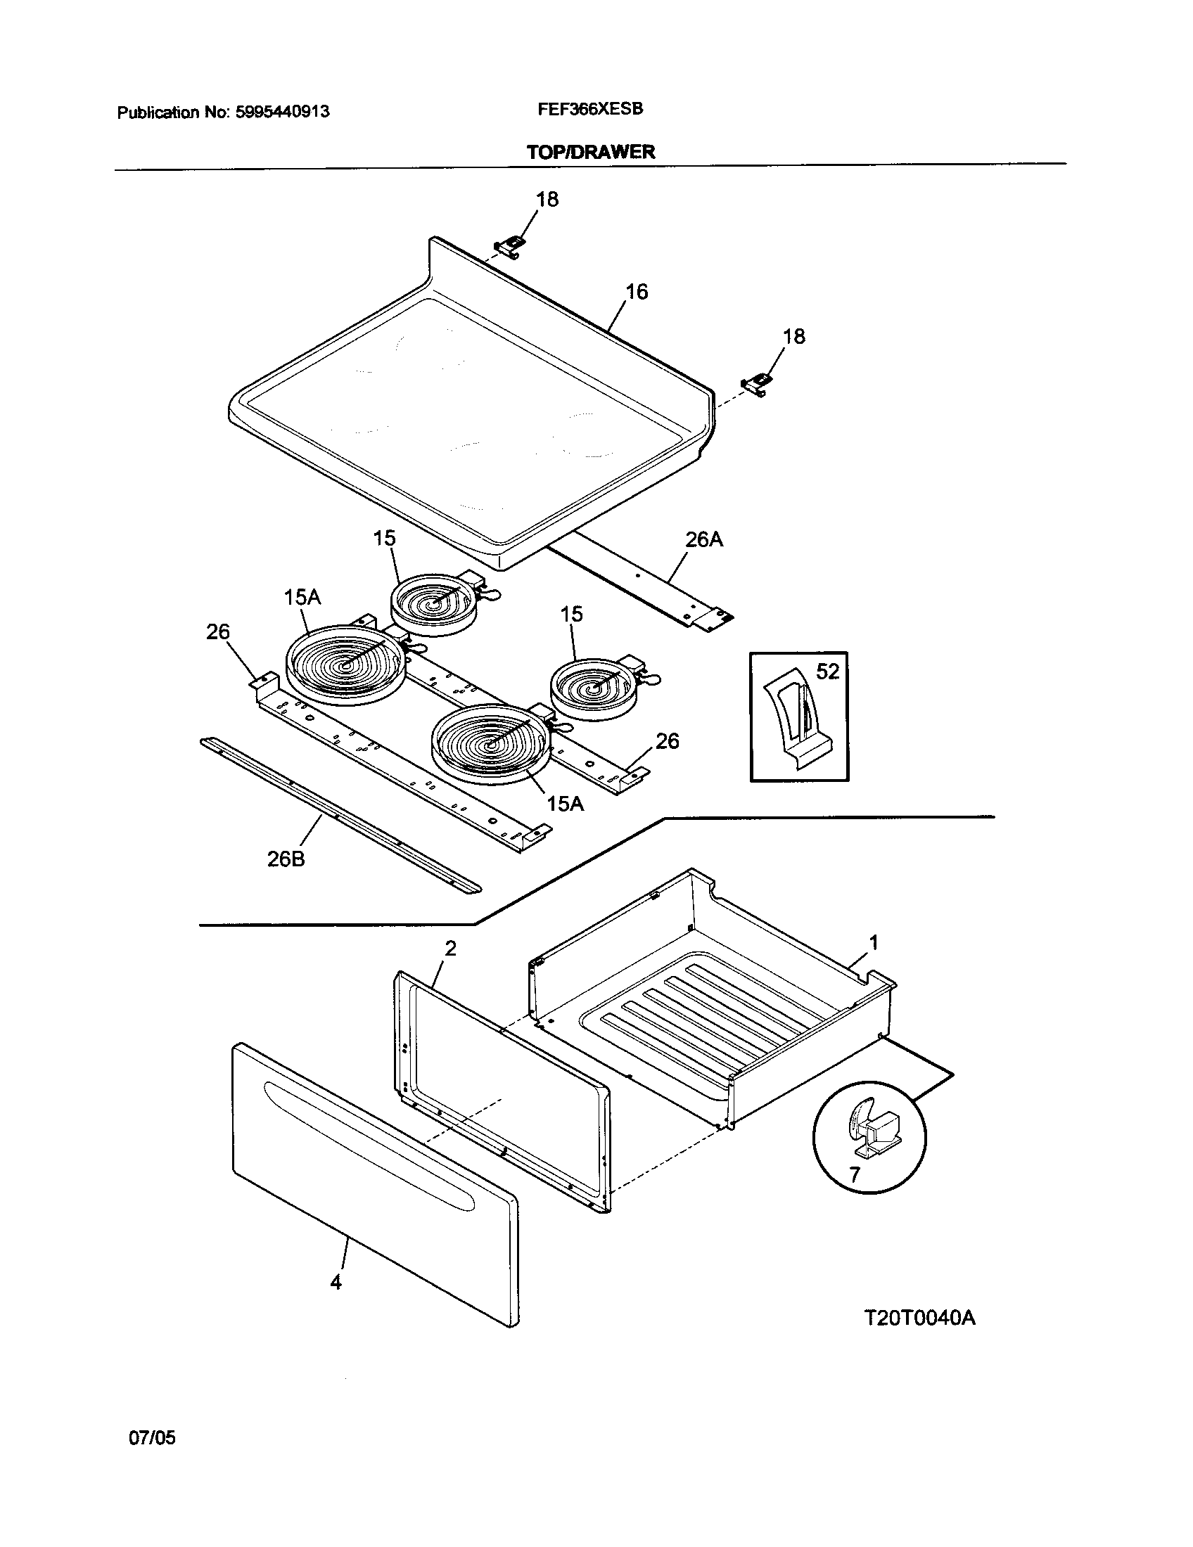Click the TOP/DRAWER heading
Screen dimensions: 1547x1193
tap(591, 152)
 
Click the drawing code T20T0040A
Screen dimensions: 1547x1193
tap(919, 1318)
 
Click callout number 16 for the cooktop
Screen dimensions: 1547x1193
tap(636, 292)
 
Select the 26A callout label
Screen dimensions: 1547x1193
tap(703, 540)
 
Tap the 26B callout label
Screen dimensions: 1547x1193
tap(286, 859)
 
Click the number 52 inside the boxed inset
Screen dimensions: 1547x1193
tap(827, 671)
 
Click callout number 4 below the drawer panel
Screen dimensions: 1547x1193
tap(336, 1282)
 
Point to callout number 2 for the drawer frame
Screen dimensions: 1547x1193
tap(450, 949)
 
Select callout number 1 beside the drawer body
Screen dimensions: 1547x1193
tap(874, 942)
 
